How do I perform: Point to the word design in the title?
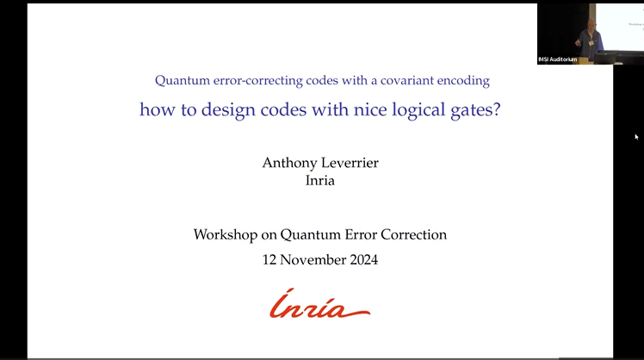coord(220,110)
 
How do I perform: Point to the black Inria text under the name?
coord(320,181)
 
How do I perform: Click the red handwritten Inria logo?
coord(319,304)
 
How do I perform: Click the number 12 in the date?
coord(270,258)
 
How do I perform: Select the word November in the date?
coord(313,258)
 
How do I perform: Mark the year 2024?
coord(362,258)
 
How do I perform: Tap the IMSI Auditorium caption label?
coord(559,59)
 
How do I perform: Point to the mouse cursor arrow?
coord(637,136)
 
